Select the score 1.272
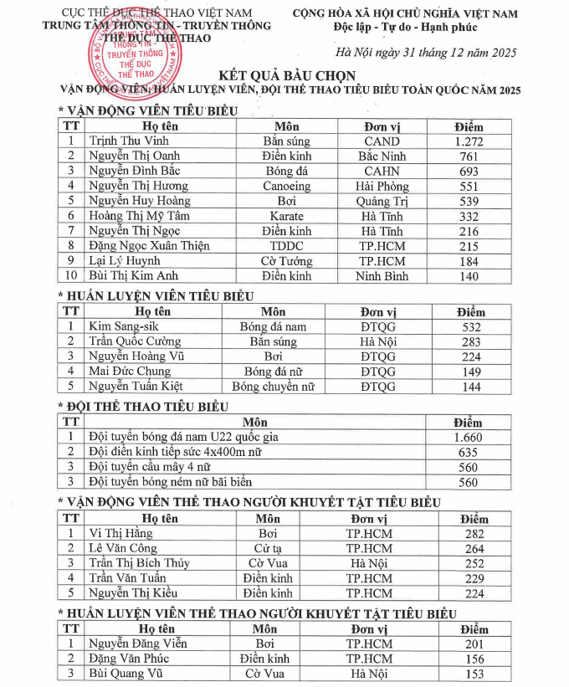469,141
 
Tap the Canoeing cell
286,186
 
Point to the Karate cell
286,216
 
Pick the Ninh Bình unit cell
381,276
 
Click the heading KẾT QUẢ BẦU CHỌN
284,74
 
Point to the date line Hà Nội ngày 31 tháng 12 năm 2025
431,52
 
